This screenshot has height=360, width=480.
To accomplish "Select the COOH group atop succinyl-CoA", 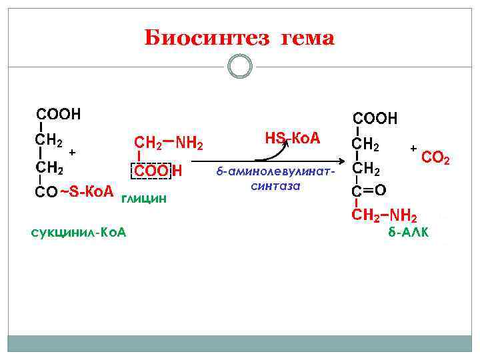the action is point(59,114).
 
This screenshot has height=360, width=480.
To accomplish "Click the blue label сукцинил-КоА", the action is point(79,232).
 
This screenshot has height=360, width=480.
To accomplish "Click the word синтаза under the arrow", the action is point(276,186).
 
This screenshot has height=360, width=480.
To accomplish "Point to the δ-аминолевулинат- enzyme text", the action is point(276,172).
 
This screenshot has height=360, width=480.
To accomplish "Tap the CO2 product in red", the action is point(437,159).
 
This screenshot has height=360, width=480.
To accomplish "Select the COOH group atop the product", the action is point(375,119).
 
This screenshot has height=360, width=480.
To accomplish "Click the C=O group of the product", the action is point(369,191).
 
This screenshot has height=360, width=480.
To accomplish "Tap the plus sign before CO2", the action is point(413,147).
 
